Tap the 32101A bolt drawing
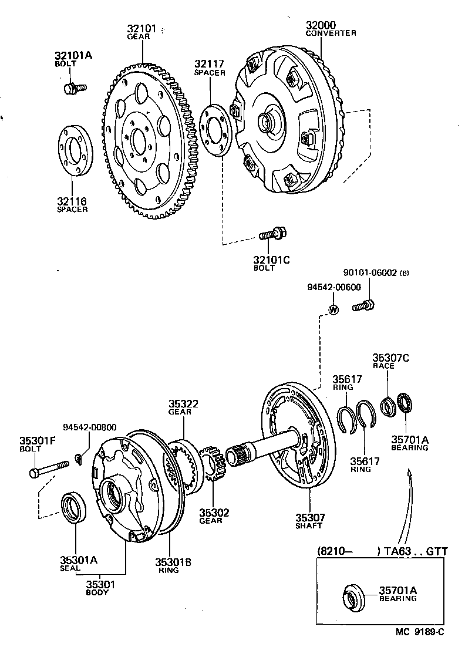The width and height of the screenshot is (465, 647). click(74, 88)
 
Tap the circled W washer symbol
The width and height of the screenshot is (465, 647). click(333, 309)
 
